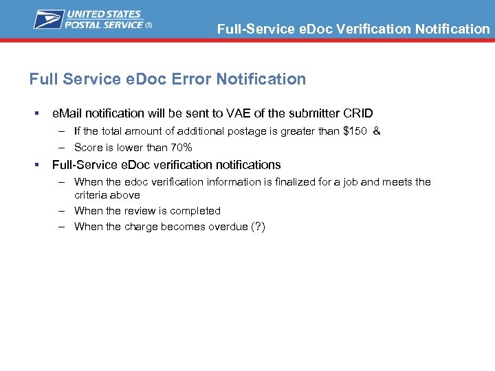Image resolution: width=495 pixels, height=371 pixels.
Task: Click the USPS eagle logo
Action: click(x=49, y=19)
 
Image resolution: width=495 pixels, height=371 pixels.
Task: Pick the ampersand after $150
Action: click(x=376, y=131)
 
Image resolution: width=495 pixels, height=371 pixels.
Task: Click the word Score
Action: click(x=88, y=148)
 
